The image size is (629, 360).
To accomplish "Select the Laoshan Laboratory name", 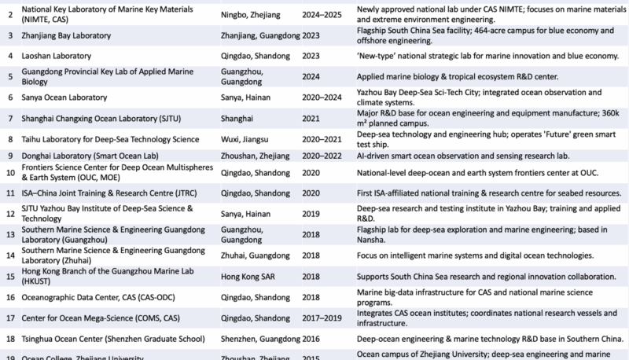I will point(57,57).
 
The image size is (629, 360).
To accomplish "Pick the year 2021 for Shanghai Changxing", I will point(312,118).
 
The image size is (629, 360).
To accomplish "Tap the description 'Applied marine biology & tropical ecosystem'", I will point(457,77).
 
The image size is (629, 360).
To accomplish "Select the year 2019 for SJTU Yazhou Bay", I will point(312,213).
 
